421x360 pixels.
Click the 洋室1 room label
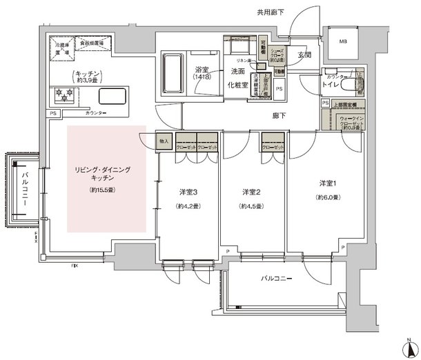328,183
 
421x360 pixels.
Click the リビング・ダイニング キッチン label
102,174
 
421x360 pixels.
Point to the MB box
344,43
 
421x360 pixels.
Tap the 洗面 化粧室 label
239,77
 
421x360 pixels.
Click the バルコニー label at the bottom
276,279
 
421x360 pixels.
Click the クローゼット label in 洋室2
273,147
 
